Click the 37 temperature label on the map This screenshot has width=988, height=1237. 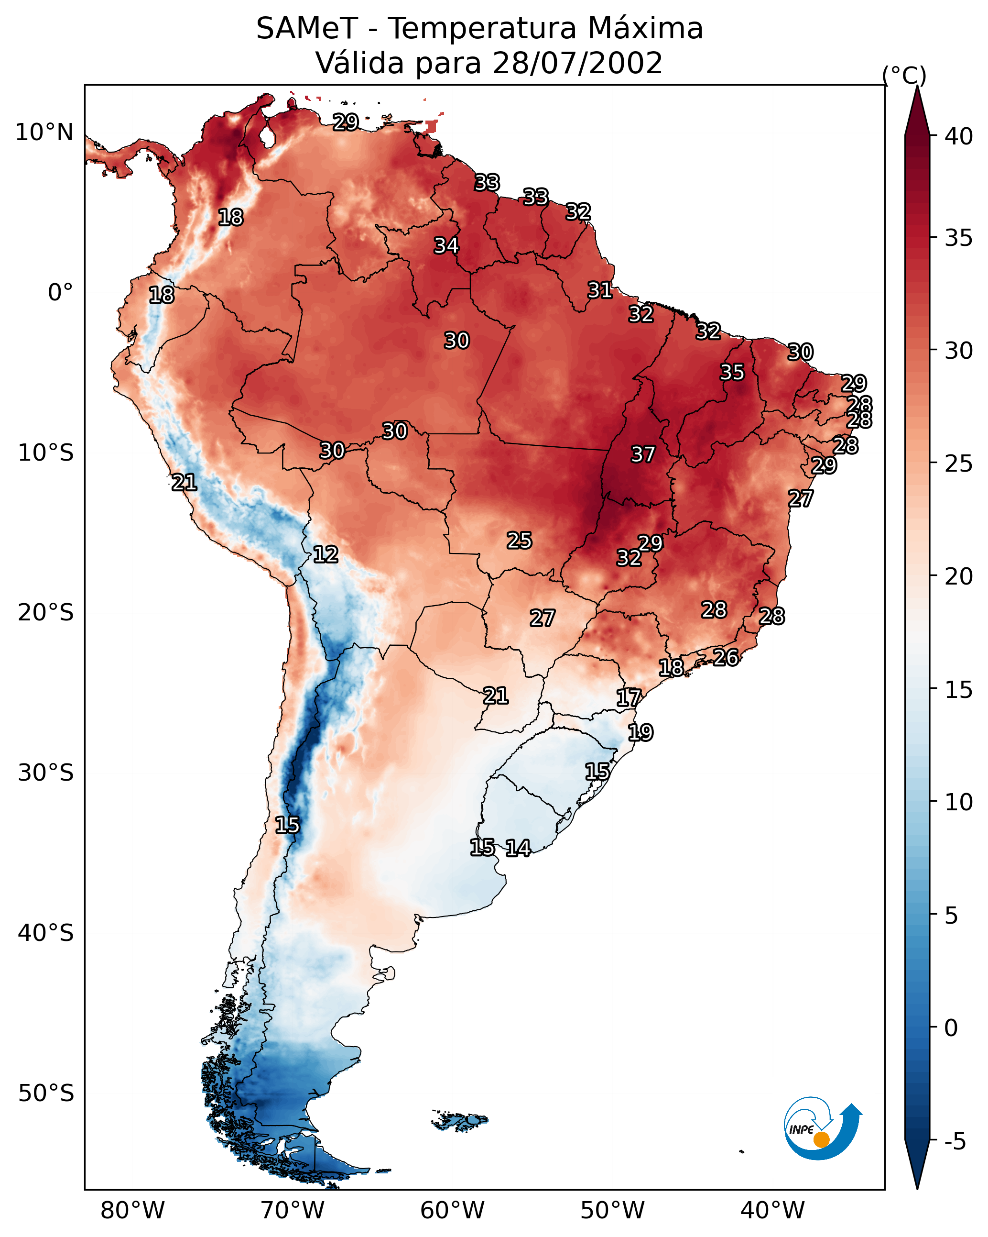click(x=643, y=454)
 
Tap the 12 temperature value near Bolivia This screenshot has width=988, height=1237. click(x=326, y=554)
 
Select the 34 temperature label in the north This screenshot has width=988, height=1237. click(x=446, y=245)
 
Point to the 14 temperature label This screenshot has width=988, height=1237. click(x=518, y=848)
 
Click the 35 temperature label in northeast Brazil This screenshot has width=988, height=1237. click(x=732, y=372)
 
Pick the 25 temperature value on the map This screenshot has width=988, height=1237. click(x=520, y=541)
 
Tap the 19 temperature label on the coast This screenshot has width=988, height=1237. click(x=641, y=733)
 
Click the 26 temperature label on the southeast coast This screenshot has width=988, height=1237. click(x=726, y=658)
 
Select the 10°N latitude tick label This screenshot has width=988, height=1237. click(x=44, y=133)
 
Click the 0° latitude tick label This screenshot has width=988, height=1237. click(x=60, y=293)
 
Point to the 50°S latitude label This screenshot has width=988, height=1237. click(x=46, y=1093)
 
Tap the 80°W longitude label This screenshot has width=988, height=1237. click(x=132, y=1210)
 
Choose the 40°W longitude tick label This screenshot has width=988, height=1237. click(x=772, y=1210)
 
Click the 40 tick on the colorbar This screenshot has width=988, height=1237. click(x=958, y=136)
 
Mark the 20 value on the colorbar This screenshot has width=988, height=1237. click(x=958, y=576)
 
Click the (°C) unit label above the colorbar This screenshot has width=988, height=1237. click(x=904, y=75)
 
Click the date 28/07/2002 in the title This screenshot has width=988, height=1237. click(x=577, y=63)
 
